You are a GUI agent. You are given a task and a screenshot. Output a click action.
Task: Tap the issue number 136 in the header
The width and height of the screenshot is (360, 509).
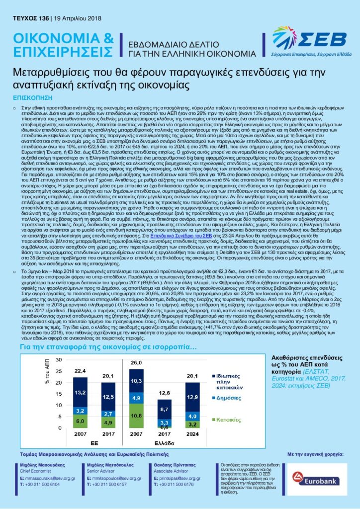click(43, 19)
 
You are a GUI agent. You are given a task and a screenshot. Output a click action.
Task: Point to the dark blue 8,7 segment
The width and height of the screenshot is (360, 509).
click(165, 409)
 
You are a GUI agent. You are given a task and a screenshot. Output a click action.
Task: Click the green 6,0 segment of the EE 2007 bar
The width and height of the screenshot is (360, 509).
click(81, 421)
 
